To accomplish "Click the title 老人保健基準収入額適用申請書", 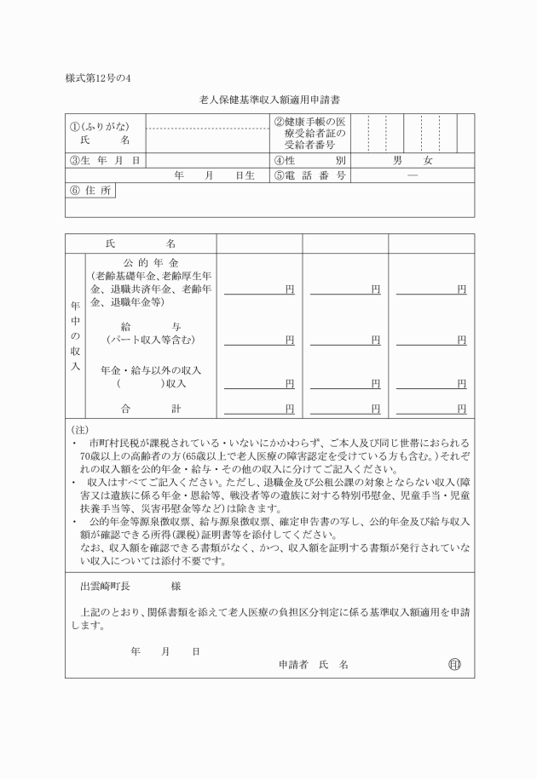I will click(x=270, y=100).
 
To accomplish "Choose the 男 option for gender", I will click(x=397, y=160).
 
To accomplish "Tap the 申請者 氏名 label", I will click(x=313, y=664).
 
